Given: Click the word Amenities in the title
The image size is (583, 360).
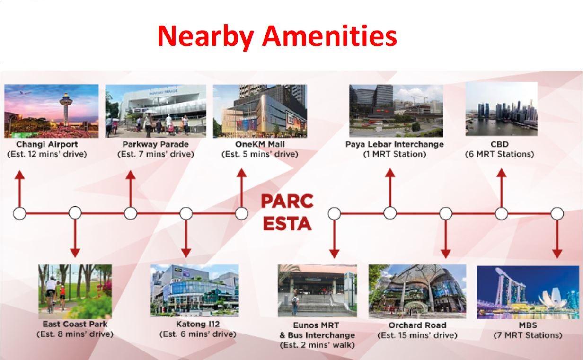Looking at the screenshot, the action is pos(329,36).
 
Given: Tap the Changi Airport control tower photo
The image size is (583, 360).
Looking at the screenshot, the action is pos(51,111).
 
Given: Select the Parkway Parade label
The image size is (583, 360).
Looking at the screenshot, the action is pos(156,144).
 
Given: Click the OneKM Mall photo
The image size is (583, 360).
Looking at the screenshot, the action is pos(260,111).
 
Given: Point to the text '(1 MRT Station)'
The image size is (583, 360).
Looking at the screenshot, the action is pos(395,154).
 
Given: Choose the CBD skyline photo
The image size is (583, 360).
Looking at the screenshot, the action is pos(501,109).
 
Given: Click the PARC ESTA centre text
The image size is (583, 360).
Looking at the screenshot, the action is pos(287,212).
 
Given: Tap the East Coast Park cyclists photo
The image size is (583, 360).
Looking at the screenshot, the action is pos(75,291).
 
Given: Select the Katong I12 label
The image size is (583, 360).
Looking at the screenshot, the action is pos(198,324).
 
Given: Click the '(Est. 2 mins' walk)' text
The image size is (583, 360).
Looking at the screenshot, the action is pos(317,345).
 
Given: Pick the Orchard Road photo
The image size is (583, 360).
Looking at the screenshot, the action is pos(417,291).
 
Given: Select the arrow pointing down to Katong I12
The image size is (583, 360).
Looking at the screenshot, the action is pos(186,238).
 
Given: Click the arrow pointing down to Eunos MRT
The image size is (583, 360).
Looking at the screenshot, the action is pos(334,239).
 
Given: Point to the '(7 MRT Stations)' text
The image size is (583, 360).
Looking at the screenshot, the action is pos(528,335).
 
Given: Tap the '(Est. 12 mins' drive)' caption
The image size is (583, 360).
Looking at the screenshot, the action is pos(47,154).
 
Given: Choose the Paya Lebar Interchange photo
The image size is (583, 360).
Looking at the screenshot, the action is pos(396,111).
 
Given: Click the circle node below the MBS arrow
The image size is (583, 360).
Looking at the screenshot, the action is pos(557,213).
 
